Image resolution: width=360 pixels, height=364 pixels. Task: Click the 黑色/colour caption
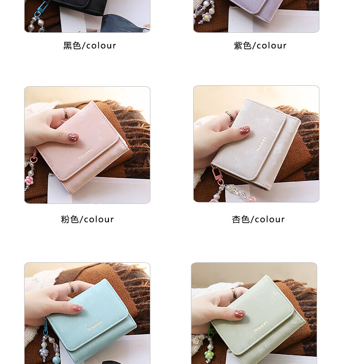tap(89, 46)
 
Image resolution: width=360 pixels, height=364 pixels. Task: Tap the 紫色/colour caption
tap(260, 46)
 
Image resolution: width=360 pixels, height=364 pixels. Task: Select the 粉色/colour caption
tap(87, 219)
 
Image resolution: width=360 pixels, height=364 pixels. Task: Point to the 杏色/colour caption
tap(258, 219)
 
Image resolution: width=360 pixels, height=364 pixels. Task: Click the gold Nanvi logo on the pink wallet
tap(85, 153)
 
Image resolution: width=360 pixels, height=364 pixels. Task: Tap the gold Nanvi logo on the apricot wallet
tap(261, 144)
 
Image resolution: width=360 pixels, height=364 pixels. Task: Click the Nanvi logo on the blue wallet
tap(94, 325)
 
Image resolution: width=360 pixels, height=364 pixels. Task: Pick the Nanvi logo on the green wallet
tap(261, 326)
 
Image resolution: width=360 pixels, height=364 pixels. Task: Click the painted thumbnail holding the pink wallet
tap(73, 137)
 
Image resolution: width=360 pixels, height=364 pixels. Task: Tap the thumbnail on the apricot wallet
tap(245, 130)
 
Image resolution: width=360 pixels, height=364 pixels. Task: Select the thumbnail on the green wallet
tap(240, 314)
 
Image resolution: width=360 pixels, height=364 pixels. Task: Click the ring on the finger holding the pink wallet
tap(66, 113)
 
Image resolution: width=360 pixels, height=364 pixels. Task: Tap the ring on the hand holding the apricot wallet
tap(230, 116)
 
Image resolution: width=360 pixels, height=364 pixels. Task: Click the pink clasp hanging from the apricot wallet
tap(216, 175)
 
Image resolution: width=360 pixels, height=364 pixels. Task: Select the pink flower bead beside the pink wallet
tap(29, 180)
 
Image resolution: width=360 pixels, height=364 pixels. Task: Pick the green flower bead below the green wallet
tap(209, 354)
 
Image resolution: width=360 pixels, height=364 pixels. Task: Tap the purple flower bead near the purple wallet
tap(206, 17)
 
